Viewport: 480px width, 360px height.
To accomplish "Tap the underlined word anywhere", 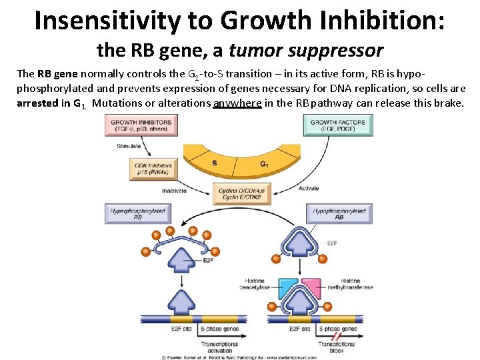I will tap(237, 103).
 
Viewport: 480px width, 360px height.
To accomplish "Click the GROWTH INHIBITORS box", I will tap(141, 125).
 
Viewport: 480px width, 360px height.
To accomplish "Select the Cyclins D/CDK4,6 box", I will tap(241, 194).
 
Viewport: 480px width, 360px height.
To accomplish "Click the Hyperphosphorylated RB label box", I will tap(136, 214).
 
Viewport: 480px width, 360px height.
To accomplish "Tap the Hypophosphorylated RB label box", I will tap(339, 214).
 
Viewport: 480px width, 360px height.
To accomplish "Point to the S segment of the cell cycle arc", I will tap(214, 162).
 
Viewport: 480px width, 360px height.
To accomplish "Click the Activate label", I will tap(309, 189).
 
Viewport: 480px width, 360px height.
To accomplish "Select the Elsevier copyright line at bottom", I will tap(239, 357).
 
